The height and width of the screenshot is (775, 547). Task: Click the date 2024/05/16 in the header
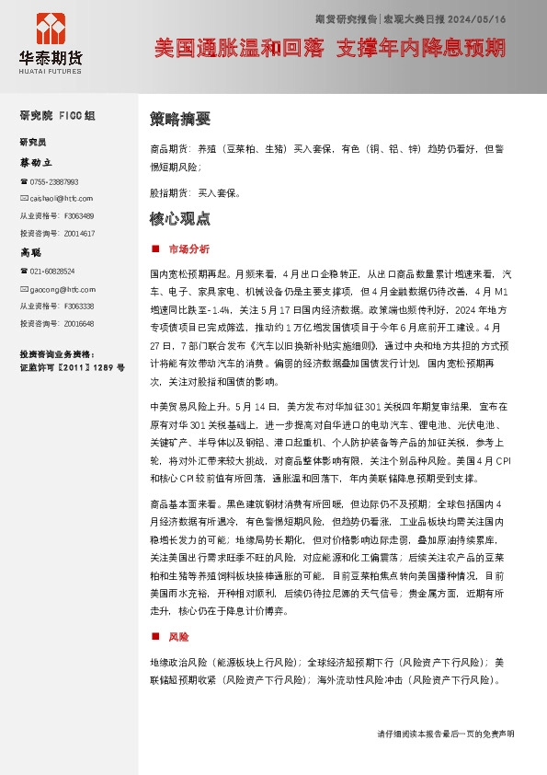pos(480,18)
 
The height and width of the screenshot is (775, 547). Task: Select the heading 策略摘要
pos(180,119)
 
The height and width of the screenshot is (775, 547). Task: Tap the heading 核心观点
pos(180,219)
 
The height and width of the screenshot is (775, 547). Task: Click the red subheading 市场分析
pos(188,249)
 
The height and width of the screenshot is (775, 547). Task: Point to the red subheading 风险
pos(178,636)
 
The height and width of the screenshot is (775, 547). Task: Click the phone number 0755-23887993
pos(54,182)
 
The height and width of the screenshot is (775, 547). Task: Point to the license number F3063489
pos(79,215)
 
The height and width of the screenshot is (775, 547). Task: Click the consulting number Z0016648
pos(79,324)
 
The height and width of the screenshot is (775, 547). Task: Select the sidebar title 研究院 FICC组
pos(57,116)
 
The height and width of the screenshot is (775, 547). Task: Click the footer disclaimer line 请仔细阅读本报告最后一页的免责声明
pos(446,734)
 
